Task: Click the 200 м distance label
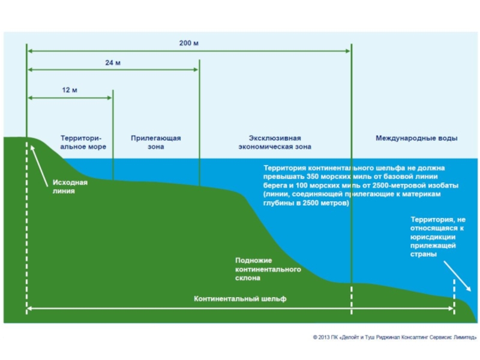coord(188,43)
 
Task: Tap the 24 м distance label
coord(113,62)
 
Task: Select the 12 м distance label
coord(70,90)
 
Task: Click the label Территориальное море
coord(83,142)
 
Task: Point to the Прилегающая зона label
coord(156,142)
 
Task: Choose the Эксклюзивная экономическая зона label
coord(275,142)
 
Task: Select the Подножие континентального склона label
coord(268,269)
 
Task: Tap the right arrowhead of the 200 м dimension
coord(347,51)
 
